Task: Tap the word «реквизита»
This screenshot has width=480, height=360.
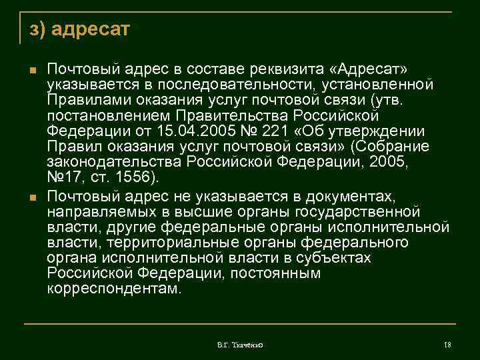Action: pos(297,69)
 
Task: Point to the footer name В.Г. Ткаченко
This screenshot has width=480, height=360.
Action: pos(240,345)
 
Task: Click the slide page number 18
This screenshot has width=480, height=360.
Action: pos(448,345)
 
